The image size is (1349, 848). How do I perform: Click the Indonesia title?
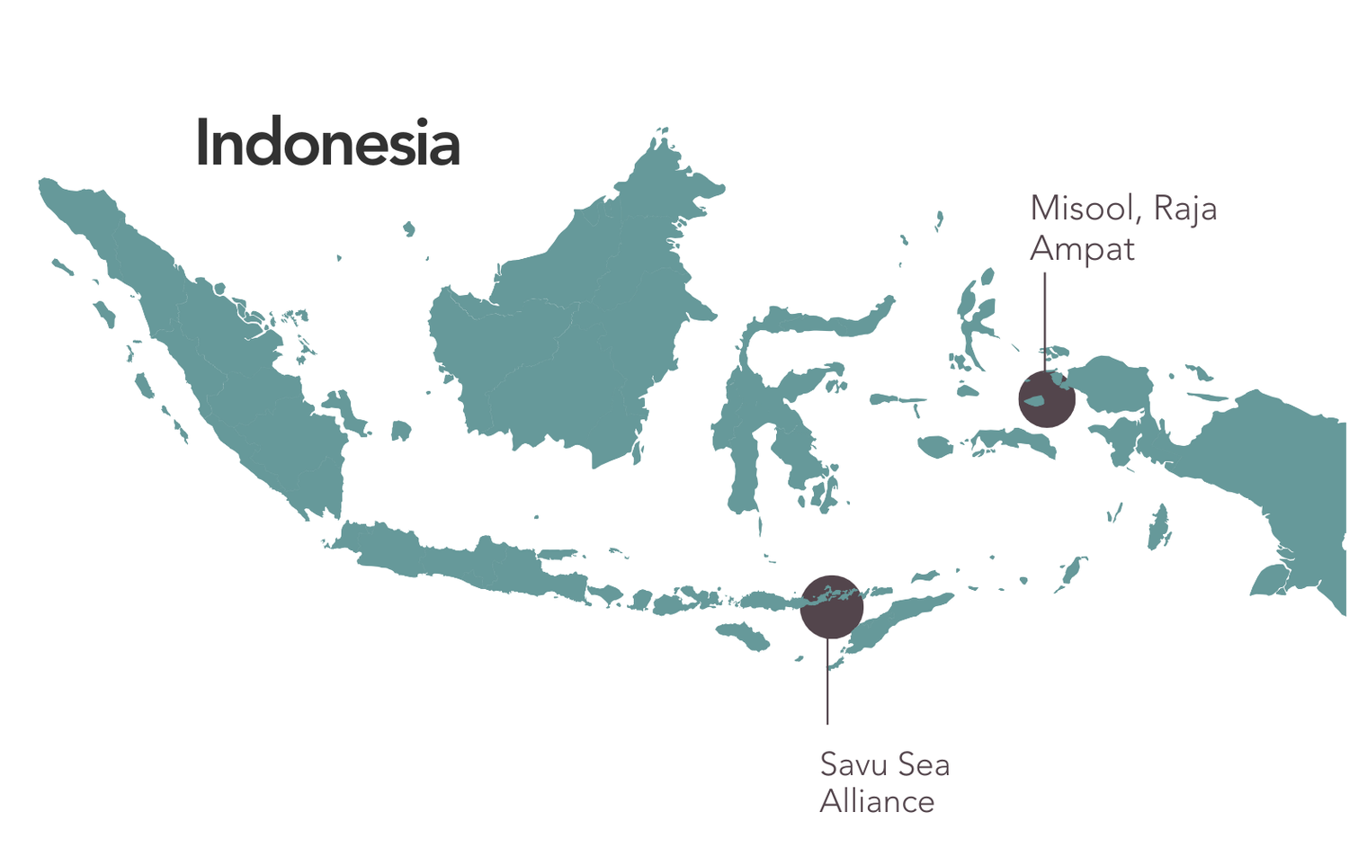tap(327, 144)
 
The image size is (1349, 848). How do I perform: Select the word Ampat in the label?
tap(1082, 249)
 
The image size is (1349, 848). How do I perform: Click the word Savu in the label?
tap(853, 764)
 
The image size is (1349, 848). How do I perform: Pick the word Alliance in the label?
tap(877, 801)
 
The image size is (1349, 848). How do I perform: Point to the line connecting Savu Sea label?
tap(827, 683)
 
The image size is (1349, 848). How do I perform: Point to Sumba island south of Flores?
tap(745, 636)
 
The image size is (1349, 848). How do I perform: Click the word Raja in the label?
tap(1185, 209)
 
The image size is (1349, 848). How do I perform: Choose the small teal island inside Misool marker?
tap(1035, 400)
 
